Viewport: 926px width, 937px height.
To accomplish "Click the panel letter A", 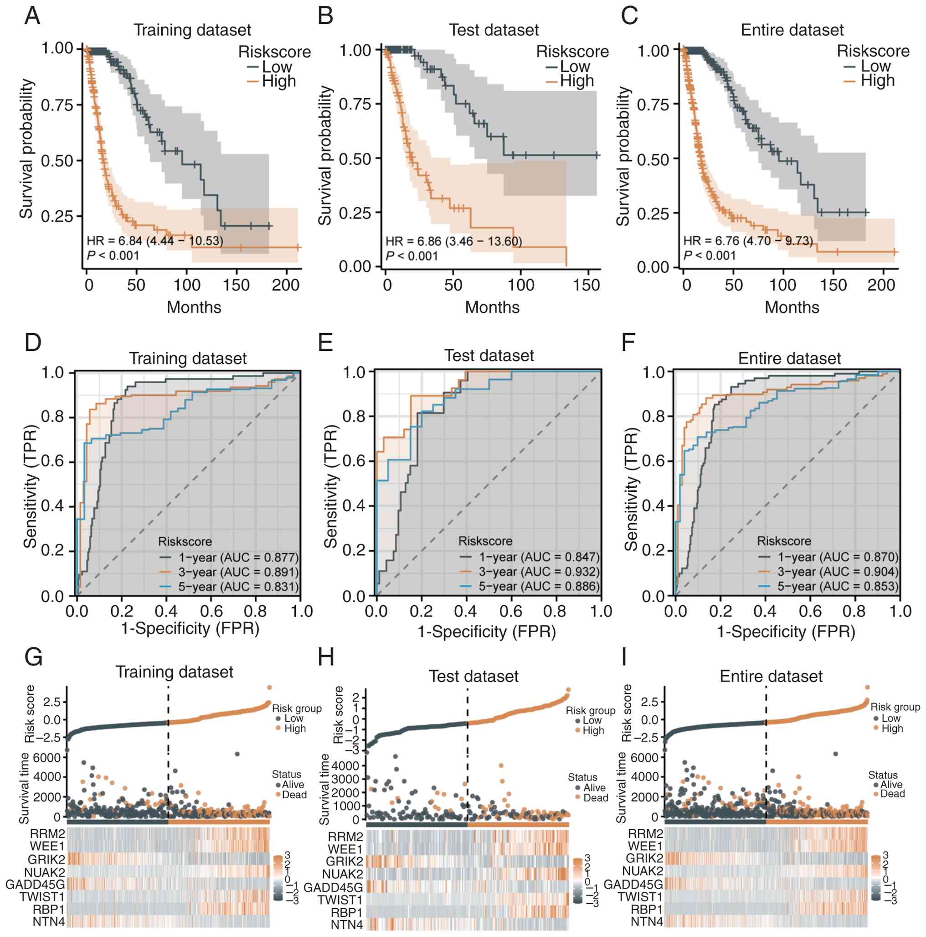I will [32, 16].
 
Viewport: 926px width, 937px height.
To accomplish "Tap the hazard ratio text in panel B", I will [453, 241].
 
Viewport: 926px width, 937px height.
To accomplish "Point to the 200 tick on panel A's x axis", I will [285, 285].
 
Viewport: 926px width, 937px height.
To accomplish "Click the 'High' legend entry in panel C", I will [877, 80].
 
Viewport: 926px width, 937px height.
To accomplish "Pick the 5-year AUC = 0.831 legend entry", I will [238, 587].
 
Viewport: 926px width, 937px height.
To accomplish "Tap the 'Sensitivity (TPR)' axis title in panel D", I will [30, 486].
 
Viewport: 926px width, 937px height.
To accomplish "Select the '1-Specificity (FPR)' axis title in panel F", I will [786, 631].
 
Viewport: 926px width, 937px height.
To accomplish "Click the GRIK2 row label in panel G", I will [46, 860].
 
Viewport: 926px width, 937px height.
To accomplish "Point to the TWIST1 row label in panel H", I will [340, 900].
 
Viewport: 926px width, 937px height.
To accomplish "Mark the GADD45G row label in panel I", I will [633, 884].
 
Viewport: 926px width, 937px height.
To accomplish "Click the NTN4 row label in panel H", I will [346, 924].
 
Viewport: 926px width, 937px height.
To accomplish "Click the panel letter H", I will [326, 658].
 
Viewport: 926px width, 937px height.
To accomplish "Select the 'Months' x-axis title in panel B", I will [492, 307].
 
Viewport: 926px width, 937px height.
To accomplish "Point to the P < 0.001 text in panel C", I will [710, 255].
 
